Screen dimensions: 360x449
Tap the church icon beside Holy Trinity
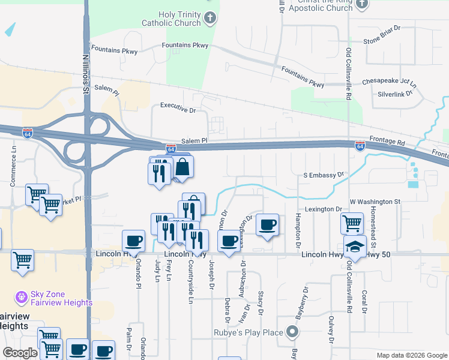coord(209,19)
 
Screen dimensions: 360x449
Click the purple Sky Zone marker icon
coord(21,296)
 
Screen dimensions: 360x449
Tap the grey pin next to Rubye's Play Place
coord(292,332)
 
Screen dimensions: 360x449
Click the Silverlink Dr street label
coord(393,94)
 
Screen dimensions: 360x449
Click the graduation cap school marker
coord(355,246)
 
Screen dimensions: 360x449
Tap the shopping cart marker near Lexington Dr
coord(352,223)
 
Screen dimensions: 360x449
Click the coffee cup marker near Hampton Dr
coord(267,225)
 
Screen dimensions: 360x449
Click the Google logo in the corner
coord(20,353)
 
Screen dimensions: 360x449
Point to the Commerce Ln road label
coord(13,167)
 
